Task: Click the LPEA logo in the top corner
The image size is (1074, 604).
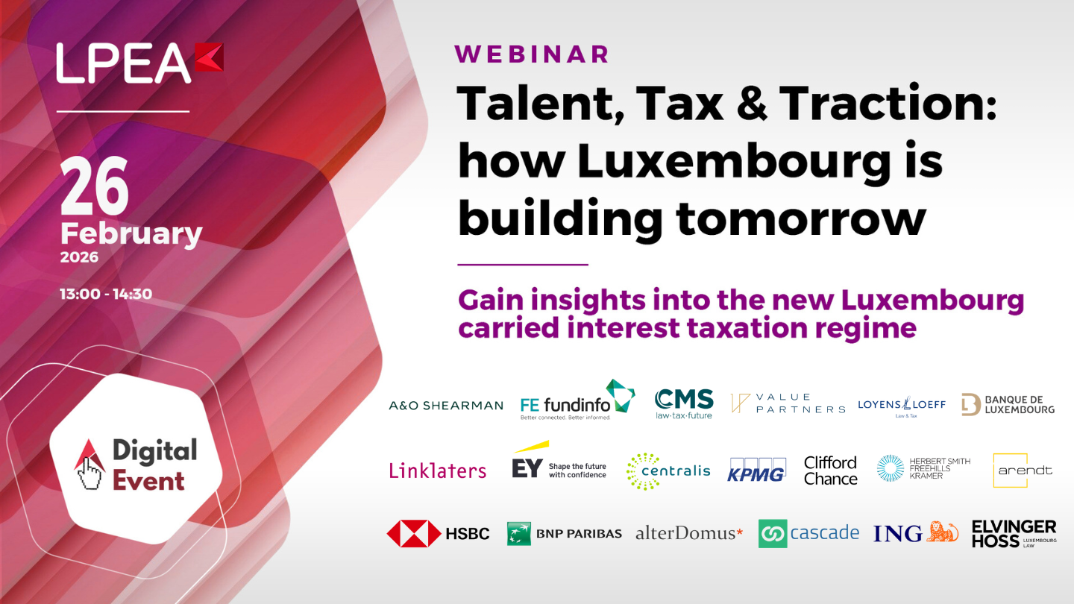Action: [x=139, y=63]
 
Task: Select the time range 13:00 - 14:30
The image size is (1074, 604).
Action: [x=106, y=294]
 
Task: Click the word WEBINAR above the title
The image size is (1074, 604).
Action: [x=532, y=54]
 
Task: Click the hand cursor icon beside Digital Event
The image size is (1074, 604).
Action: [x=89, y=465]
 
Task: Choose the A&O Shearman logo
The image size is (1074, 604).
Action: [x=446, y=406]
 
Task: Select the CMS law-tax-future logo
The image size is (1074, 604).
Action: [x=684, y=403]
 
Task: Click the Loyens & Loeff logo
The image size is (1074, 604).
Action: [x=902, y=405]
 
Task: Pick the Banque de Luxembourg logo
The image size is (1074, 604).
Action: [x=1008, y=404]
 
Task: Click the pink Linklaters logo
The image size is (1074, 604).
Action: [x=438, y=470]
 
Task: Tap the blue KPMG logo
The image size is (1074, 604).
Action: [x=756, y=470]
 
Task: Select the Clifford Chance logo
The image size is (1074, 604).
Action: [x=830, y=471]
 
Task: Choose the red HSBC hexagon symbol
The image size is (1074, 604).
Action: [x=414, y=534]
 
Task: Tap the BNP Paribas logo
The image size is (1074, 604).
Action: [x=564, y=534]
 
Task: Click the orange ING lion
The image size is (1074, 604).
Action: [x=942, y=532]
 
